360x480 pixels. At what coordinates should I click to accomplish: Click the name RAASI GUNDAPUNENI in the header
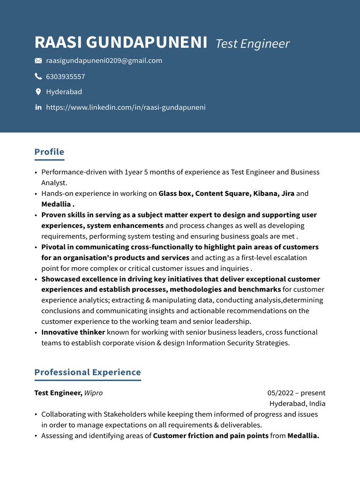point(121,43)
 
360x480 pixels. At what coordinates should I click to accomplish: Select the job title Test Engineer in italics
point(252,44)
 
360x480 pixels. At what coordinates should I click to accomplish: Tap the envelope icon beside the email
point(38,61)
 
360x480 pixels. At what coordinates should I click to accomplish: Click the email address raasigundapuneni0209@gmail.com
point(104,60)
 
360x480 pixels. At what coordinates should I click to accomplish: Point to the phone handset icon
point(38,76)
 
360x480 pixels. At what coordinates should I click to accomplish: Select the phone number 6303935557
point(66,76)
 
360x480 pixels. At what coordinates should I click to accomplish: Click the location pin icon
point(38,92)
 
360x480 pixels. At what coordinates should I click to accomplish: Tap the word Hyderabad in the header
point(64,92)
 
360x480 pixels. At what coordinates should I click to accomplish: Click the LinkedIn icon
point(38,107)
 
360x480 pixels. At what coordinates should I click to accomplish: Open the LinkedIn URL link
point(126,107)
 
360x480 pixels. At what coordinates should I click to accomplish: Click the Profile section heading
point(49,152)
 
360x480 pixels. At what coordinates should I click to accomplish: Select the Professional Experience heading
point(88,372)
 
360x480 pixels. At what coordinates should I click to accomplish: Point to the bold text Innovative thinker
point(73,332)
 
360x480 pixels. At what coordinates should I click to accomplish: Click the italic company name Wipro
point(93,393)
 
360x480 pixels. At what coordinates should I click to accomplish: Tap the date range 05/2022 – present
point(296,393)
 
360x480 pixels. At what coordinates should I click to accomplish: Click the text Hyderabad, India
point(297,404)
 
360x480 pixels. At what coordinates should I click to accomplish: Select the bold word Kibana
point(266,194)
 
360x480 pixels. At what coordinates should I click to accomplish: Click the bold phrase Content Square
point(222,194)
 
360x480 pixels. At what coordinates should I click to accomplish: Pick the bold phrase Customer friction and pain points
point(210,436)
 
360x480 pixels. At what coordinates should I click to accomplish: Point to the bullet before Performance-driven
point(36,172)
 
